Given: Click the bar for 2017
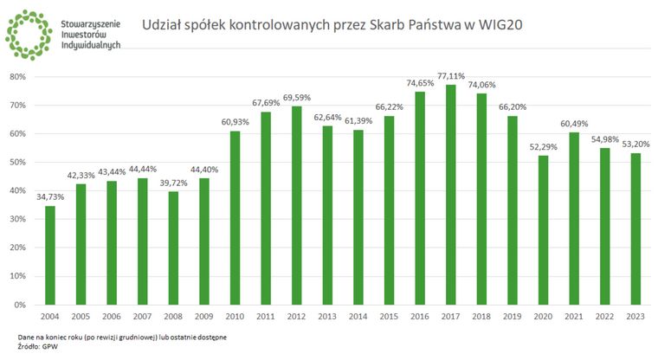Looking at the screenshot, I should point(450,195).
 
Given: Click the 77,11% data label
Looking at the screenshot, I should point(450,76).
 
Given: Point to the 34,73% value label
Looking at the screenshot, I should point(50,197).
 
